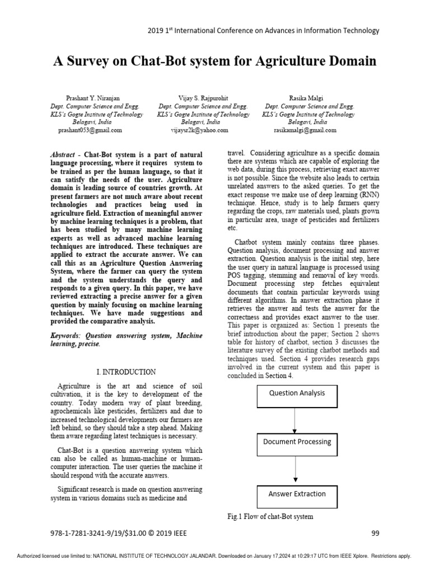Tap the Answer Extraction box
pos(297,494)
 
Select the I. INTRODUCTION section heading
pos(126,372)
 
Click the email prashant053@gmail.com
pos(90,130)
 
